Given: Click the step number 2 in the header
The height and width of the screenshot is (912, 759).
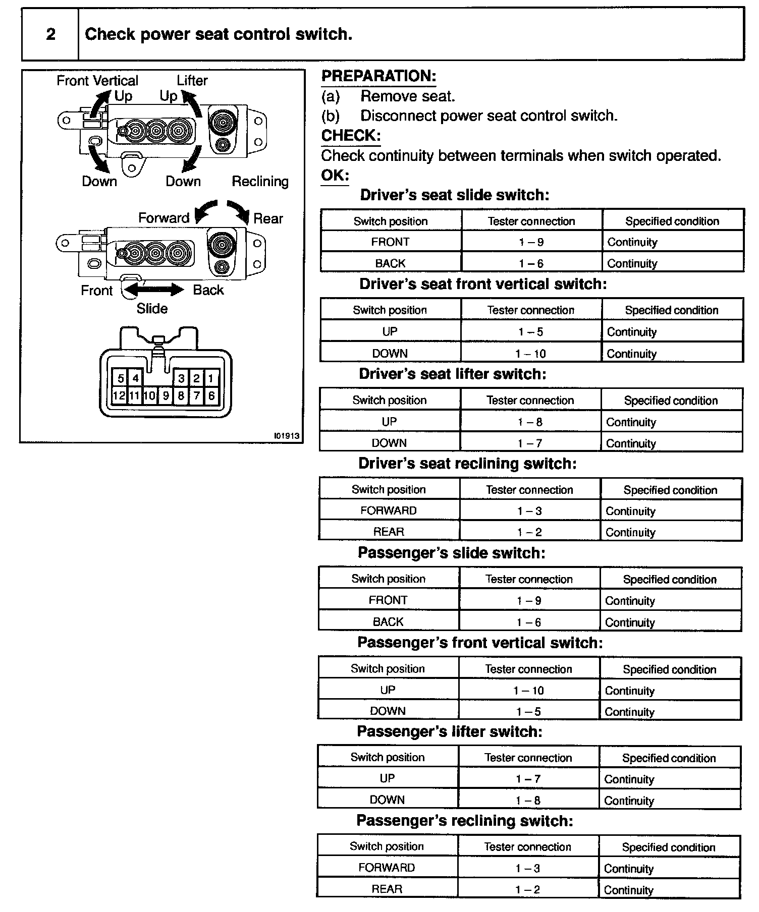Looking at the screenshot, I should coord(50,34).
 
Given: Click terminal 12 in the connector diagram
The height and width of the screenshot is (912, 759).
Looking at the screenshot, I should coord(119,396).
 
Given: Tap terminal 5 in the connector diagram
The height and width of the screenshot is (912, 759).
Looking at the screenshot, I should coord(121,378).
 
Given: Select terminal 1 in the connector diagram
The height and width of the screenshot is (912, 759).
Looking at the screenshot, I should coord(211,378).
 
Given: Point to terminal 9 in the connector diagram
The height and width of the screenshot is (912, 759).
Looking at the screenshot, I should coord(166,396).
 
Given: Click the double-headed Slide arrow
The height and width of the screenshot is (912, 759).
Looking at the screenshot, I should coord(154,290).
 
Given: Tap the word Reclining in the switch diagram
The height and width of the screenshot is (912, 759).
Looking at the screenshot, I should coord(260,182).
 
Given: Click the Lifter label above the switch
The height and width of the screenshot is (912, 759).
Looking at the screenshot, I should coord(192,80).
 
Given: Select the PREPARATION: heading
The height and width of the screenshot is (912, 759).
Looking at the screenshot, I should coord(378,76).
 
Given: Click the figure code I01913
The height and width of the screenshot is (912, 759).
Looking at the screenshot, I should coord(287,436).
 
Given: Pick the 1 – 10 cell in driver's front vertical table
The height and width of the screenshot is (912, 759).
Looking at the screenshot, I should coord(531,354).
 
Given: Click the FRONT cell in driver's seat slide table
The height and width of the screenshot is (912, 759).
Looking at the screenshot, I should coord(390,242).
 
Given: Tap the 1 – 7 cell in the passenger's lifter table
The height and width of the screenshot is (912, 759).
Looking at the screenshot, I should coord(528,779).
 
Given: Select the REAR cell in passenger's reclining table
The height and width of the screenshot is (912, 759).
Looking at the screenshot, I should coord(387,889).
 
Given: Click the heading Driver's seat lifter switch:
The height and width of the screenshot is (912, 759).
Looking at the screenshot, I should coord(453,374).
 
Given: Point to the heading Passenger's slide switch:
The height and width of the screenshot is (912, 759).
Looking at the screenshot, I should coord(451,553).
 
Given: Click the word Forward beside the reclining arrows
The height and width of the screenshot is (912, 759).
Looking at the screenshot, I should coord(164,218).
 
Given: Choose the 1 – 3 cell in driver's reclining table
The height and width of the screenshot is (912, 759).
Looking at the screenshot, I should coord(529,511).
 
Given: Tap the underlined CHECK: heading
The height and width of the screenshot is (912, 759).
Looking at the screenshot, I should coord(351,136).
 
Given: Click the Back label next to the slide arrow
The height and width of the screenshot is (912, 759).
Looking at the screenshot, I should coord(208,290).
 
